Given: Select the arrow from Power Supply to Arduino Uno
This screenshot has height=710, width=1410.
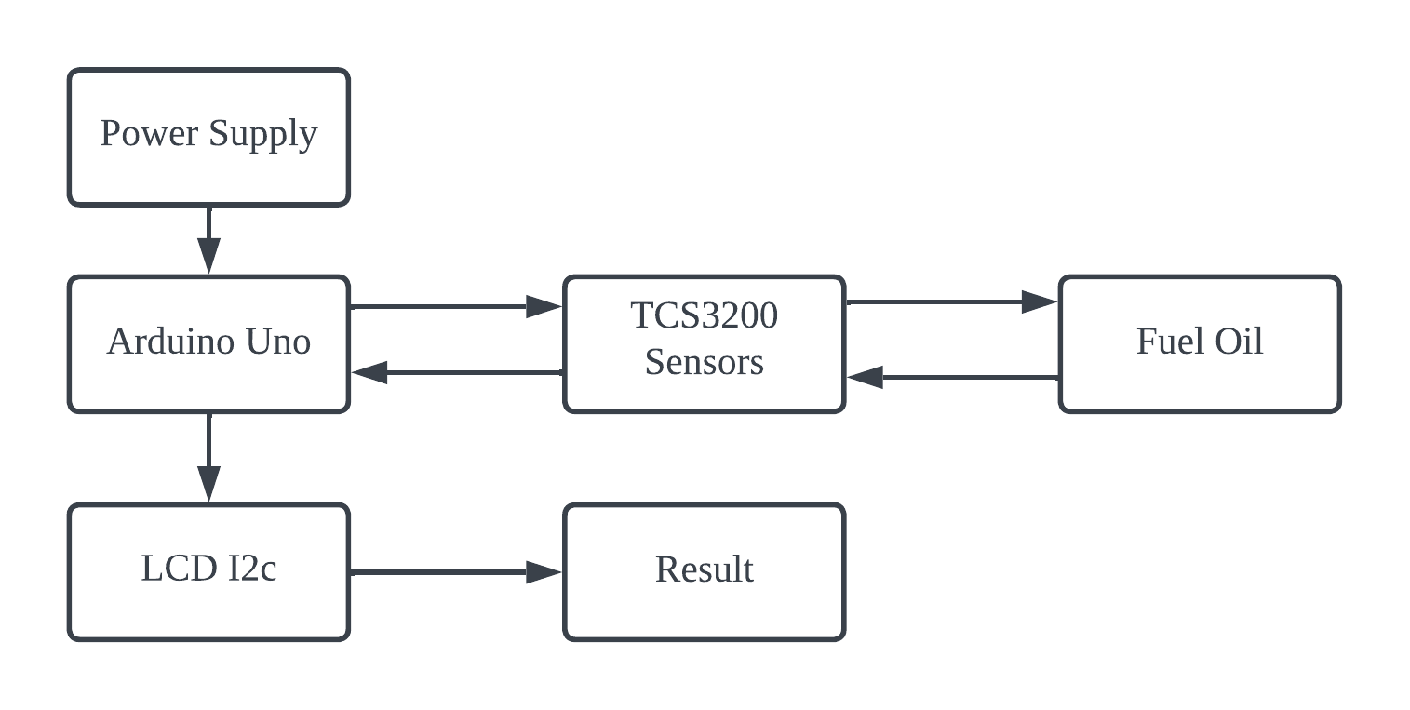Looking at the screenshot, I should tap(208, 240).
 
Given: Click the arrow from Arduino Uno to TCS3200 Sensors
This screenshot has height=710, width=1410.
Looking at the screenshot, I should tap(456, 306).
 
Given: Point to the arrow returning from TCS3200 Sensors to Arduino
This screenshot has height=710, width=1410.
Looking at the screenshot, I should tap(456, 373).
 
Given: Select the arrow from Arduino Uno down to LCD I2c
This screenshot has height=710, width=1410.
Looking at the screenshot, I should tap(208, 458).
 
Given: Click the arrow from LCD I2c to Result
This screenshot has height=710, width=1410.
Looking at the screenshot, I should tap(456, 572).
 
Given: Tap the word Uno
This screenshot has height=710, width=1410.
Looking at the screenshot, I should tap(277, 342).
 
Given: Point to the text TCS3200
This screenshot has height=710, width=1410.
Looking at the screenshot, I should tap(704, 316).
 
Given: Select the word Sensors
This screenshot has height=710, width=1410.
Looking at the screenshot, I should tap(704, 361).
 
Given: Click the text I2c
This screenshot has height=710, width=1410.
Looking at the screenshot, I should tap(251, 569).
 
